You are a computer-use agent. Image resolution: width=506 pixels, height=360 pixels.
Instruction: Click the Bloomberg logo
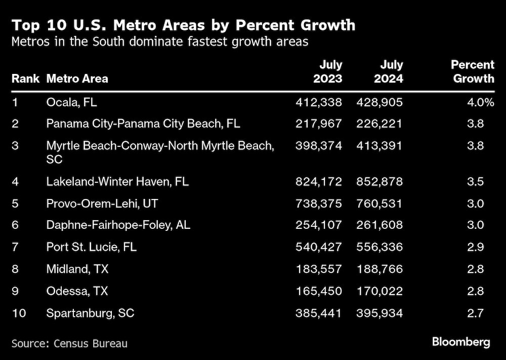point(461,342)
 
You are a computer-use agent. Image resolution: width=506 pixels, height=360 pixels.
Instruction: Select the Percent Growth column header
point(473,72)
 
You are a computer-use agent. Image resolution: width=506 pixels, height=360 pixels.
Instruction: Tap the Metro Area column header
point(77,78)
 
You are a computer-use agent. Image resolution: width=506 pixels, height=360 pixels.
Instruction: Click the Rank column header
point(26,78)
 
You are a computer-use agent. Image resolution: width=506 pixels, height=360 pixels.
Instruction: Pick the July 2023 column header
point(327,72)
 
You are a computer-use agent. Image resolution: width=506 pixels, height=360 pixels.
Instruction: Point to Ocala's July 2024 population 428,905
point(379,102)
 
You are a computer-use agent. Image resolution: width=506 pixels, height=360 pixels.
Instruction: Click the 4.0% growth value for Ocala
point(480,102)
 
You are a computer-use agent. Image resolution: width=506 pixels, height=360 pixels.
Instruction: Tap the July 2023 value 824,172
point(319,181)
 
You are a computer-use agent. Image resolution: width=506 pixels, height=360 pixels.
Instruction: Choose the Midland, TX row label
point(77,269)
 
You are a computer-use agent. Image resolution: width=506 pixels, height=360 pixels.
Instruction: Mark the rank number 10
point(18,313)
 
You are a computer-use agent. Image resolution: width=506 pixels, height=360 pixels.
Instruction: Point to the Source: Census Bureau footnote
point(69,343)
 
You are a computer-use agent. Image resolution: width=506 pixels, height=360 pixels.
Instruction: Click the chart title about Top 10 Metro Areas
point(183,25)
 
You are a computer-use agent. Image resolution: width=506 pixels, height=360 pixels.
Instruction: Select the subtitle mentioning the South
point(160,42)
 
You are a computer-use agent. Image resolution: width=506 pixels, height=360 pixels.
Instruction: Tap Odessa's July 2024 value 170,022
point(379,291)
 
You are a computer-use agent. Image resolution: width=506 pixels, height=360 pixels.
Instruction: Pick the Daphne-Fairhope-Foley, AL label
point(118,225)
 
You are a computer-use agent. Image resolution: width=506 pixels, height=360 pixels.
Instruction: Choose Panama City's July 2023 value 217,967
point(319,124)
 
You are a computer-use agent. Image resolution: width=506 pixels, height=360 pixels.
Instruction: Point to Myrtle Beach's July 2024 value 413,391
point(379,146)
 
